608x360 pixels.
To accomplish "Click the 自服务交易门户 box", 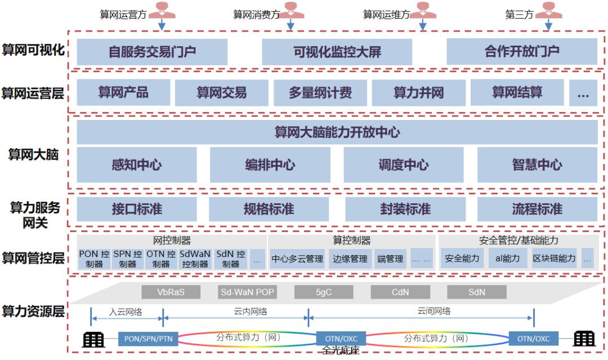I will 152,52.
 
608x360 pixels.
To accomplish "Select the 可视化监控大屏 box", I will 337,52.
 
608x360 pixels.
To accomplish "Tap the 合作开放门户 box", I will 521,52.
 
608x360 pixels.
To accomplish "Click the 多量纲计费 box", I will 320,92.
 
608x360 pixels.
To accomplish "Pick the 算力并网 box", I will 418,92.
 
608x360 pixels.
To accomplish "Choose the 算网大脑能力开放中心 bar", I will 337,132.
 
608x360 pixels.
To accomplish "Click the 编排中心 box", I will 270,165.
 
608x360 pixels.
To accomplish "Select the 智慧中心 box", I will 537,165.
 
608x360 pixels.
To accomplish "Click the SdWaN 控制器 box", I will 195,259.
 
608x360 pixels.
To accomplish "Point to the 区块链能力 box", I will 555,259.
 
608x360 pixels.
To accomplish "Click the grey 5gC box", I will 323,292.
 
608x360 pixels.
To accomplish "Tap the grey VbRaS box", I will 171,292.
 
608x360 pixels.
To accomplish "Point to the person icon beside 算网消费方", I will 290,10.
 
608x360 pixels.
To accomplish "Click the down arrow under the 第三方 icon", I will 549,25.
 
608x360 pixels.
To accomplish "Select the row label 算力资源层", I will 32,311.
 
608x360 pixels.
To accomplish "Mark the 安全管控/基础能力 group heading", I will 518,241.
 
